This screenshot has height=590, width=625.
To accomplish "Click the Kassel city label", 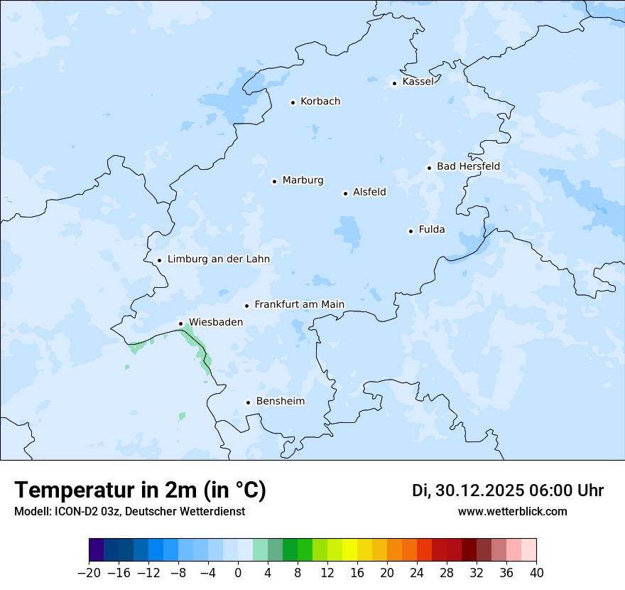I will click(418, 82).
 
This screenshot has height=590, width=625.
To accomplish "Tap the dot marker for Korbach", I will click(293, 102).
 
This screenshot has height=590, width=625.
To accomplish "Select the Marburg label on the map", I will click(303, 181).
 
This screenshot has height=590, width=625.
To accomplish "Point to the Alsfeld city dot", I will click(346, 193).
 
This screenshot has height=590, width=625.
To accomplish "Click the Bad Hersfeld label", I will click(468, 166).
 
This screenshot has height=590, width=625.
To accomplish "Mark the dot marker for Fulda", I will click(411, 231).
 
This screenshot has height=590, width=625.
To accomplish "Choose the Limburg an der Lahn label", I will click(218, 259).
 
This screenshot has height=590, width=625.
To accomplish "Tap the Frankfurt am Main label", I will click(299, 304).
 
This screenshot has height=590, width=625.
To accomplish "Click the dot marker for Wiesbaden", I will click(181, 324).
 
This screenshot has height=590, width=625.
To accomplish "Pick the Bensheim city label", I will click(280, 401).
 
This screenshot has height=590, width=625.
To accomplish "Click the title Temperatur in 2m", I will click(140, 490).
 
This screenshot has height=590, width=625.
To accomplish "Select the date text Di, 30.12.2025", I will click(468, 490).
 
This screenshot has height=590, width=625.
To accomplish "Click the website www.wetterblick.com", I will click(512, 511).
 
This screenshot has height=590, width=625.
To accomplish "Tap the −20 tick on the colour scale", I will click(89, 573).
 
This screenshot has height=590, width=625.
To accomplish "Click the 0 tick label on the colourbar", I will click(238, 573).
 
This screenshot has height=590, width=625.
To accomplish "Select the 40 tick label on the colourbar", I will click(536, 573).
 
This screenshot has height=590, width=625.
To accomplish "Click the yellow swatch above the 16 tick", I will click(349, 550).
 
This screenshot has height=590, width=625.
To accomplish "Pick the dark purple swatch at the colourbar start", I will click(97, 550).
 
